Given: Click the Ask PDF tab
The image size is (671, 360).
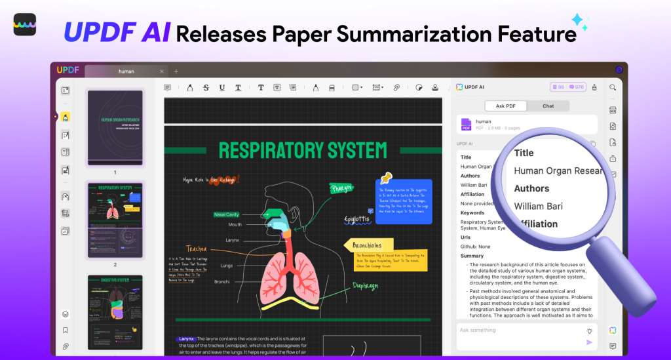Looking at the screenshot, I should point(505,106).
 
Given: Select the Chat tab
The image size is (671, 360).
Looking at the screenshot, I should point(548,106).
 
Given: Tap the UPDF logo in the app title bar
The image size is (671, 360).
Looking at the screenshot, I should point(67,70).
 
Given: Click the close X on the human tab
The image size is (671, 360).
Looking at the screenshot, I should point(162,71).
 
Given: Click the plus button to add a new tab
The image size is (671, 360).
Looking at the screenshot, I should point(176,71).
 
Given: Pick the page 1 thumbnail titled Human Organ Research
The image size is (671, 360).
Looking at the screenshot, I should point(115,127).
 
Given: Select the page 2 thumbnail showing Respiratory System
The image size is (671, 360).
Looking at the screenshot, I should point(115,220).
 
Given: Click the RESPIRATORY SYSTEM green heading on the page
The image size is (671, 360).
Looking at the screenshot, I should point(303,151).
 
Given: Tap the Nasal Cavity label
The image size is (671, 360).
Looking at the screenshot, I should point(226,214).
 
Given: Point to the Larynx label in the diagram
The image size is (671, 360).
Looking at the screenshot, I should point(232,241).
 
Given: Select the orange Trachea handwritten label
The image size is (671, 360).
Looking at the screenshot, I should point(197,249).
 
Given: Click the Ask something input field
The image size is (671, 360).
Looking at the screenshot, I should point(518,330).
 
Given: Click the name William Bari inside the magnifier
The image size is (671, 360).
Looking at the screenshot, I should point(538,207).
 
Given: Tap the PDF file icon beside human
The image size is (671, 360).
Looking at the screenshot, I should point(466,124).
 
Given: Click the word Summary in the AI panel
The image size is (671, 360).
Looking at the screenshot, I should point(472,256).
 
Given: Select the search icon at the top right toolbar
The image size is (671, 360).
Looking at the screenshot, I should point(613,87).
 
